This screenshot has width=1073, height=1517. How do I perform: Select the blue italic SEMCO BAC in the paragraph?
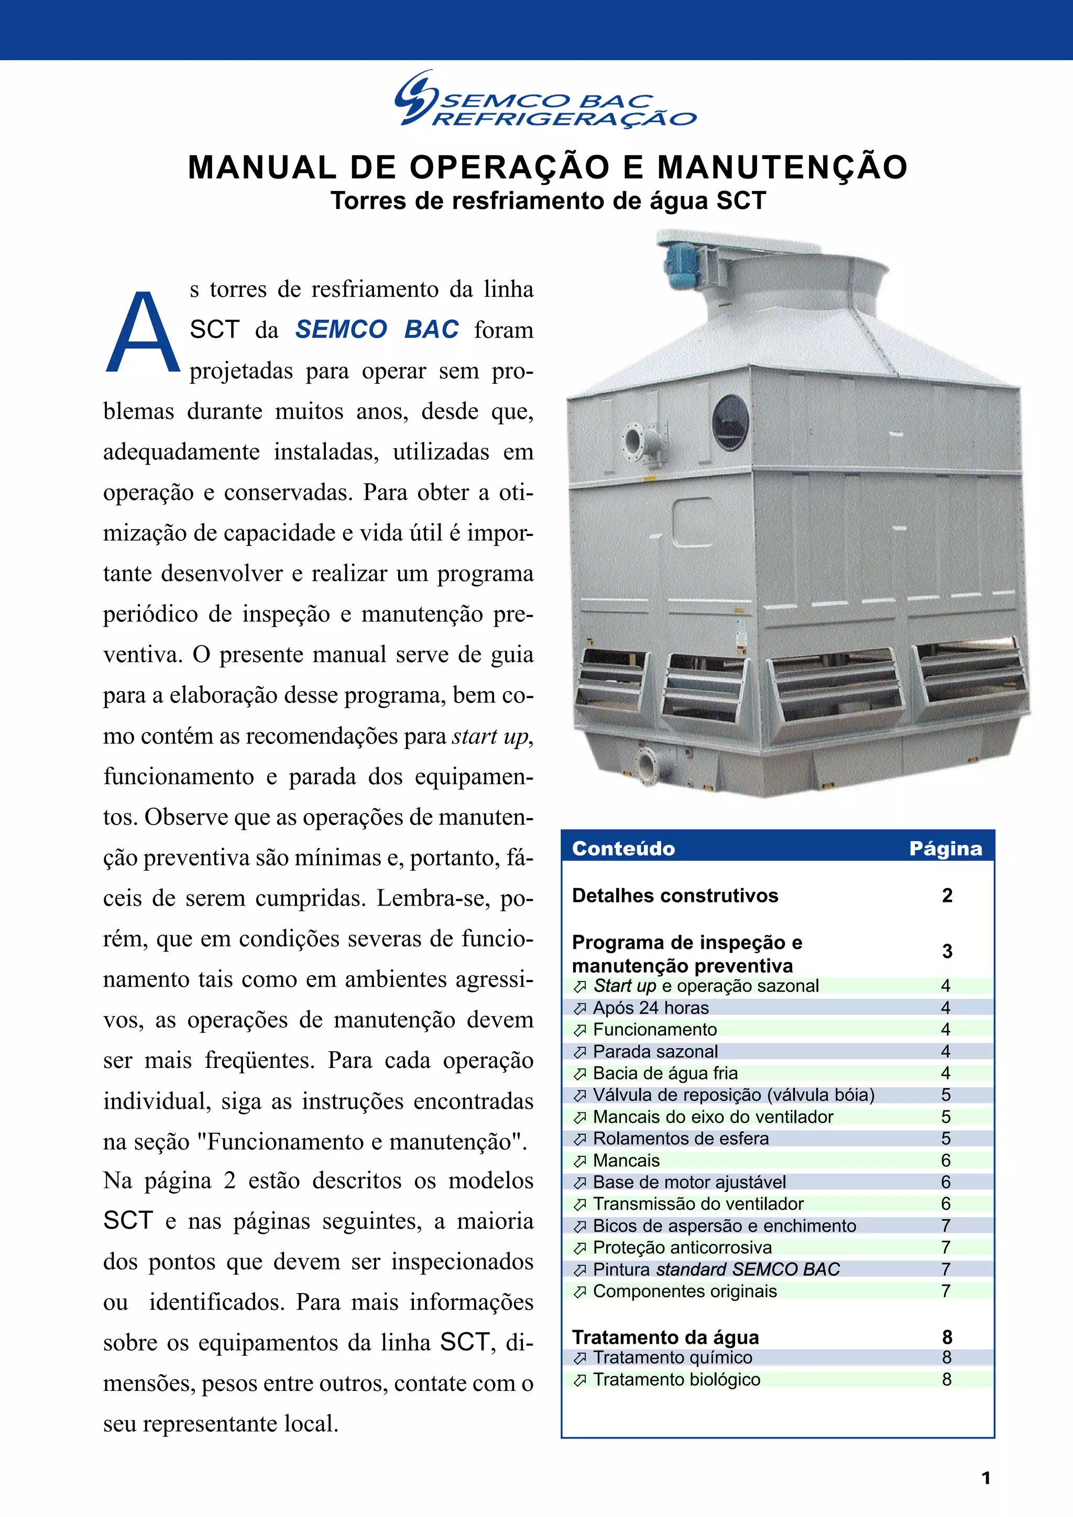pyautogui.click(x=377, y=329)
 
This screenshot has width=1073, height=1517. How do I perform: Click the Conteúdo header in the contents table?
pyautogui.click(x=623, y=849)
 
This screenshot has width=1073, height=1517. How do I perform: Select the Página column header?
pyautogui.click(x=945, y=849)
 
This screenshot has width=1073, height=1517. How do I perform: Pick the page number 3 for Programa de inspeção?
pyautogui.click(x=947, y=952)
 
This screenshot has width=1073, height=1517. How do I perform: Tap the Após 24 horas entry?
pyautogui.click(x=651, y=1008)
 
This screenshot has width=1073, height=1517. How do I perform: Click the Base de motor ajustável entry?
pyautogui.click(x=689, y=1182)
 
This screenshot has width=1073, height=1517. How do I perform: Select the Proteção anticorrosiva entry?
pyautogui.click(x=682, y=1247)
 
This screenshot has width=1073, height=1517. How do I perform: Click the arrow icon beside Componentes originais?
pyautogui.click(x=580, y=1292)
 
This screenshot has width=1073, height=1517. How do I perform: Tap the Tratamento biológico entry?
pyautogui.click(x=676, y=1379)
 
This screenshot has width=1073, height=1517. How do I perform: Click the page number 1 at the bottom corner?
pyautogui.click(x=986, y=1478)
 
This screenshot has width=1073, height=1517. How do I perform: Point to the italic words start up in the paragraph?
pyautogui.click(x=490, y=736)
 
